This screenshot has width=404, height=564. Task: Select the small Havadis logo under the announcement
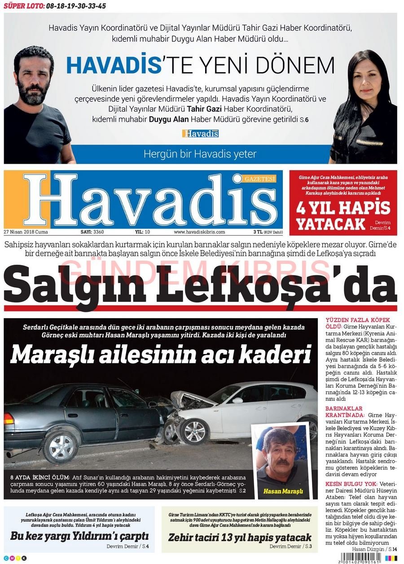(200, 133)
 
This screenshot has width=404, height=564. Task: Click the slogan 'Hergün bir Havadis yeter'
(200, 154)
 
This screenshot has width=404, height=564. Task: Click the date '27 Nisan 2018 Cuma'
(26, 232)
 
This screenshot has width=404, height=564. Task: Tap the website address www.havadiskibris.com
(199, 232)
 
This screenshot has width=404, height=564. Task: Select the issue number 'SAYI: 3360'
(92, 232)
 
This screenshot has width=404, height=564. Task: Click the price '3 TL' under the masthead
(258, 232)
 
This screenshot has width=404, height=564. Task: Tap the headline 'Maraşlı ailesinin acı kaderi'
(160, 354)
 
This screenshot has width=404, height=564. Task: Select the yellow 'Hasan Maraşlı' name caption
(283, 491)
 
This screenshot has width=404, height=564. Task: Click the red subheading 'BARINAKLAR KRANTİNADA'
(343, 412)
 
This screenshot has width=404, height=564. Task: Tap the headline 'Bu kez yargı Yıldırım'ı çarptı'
(79, 536)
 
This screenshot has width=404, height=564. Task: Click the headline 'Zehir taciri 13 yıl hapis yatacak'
(240, 537)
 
